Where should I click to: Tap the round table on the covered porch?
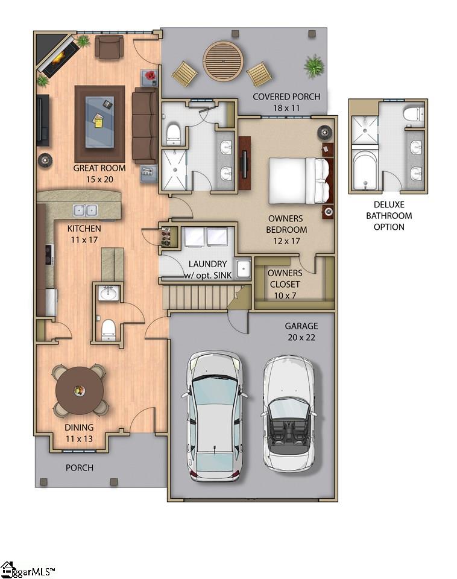[223, 61]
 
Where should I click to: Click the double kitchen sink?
[85, 210]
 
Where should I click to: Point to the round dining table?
[79, 391]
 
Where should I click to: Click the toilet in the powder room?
[109, 327]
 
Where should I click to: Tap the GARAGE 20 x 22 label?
[301, 332]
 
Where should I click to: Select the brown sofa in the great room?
[144, 125]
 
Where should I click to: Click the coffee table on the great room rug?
[99, 121]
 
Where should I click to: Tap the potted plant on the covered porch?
[314, 66]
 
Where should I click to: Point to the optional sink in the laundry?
[243, 268]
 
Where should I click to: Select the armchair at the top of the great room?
[109, 47]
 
